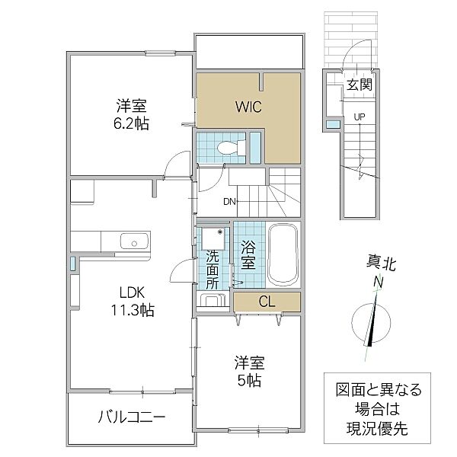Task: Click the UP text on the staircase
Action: coord(358,117)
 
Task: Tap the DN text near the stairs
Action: coord(228,203)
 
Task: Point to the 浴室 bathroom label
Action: coord(248,254)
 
